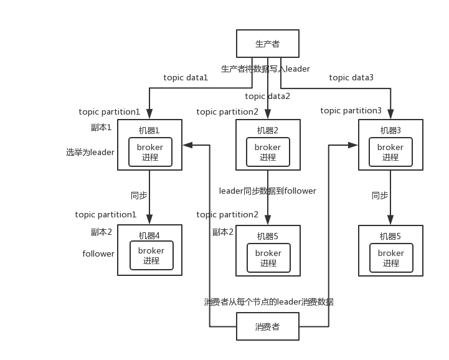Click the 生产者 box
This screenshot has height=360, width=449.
(268, 44)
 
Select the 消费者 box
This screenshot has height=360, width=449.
(268, 326)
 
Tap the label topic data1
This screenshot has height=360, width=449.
(186, 78)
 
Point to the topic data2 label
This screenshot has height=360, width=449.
(267, 97)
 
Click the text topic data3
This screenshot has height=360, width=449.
(351, 78)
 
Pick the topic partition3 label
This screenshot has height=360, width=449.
(351, 111)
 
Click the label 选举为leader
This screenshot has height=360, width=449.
(90, 152)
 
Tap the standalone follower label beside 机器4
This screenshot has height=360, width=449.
(98, 253)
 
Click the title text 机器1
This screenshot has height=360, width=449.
(149, 131)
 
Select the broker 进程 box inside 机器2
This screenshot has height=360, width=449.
(268, 152)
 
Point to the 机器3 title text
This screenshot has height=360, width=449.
(390, 131)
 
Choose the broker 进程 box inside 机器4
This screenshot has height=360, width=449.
(151, 255)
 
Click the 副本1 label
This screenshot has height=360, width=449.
(101, 128)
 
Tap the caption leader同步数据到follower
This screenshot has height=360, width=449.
(267, 191)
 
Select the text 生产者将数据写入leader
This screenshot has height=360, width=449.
(265, 69)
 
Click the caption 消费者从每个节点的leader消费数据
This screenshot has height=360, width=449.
(268, 302)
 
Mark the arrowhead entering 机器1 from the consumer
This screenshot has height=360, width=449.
(187, 145)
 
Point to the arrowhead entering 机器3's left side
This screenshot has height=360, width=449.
(352, 145)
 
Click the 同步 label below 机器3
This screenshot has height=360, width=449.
(380, 196)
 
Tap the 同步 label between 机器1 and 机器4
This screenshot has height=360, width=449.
(139, 196)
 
